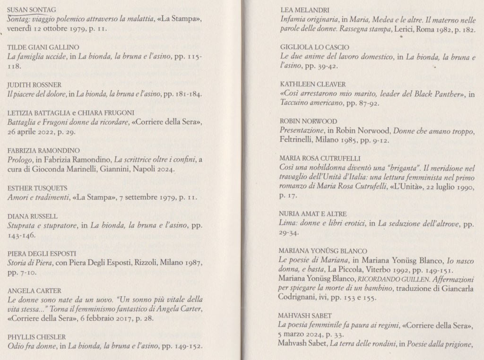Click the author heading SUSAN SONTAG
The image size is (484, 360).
[x=32, y=9]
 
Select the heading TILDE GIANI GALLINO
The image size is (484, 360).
[x=43, y=47]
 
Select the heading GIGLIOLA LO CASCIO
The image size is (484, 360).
[x=314, y=47]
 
